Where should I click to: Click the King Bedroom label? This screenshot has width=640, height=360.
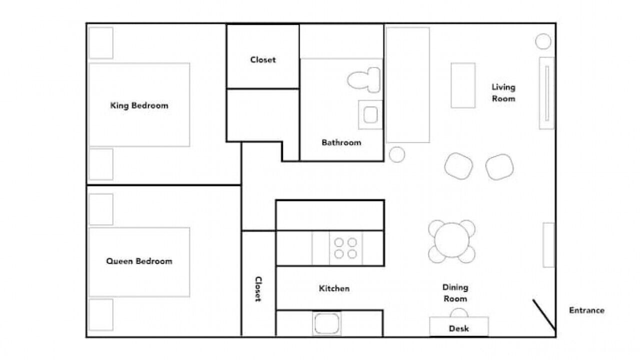(x=139, y=105)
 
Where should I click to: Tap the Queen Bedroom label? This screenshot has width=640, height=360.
(x=139, y=261)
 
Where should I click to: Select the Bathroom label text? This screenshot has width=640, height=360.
(x=341, y=142)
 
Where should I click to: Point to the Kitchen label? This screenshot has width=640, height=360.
(x=334, y=288)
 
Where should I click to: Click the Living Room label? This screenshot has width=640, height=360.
(x=503, y=93)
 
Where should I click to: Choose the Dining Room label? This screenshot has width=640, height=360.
(x=455, y=293)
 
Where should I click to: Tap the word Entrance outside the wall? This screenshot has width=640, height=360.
(x=586, y=310)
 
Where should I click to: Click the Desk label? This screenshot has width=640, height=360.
(x=459, y=328)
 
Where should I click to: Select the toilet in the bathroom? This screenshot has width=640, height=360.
(x=363, y=80)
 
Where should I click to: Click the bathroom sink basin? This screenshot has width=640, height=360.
(x=370, y=114)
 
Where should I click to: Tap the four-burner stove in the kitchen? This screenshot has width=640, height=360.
(x=345, y=248)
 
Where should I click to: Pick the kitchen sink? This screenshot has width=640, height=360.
(x=326, y=323)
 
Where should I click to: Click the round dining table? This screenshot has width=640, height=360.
(x=451, y=240)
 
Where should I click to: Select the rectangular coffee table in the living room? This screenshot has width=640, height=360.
(x=463, y=85)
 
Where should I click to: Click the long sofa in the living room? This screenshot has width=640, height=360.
(x=408, y=85)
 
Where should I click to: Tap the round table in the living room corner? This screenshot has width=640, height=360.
(x=543, y=41)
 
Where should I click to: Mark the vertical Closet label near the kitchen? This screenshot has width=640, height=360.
(x=258, y=289)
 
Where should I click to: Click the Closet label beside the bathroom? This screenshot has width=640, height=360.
(x=263, y=59)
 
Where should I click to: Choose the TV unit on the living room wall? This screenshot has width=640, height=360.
(x=546, y=93)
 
